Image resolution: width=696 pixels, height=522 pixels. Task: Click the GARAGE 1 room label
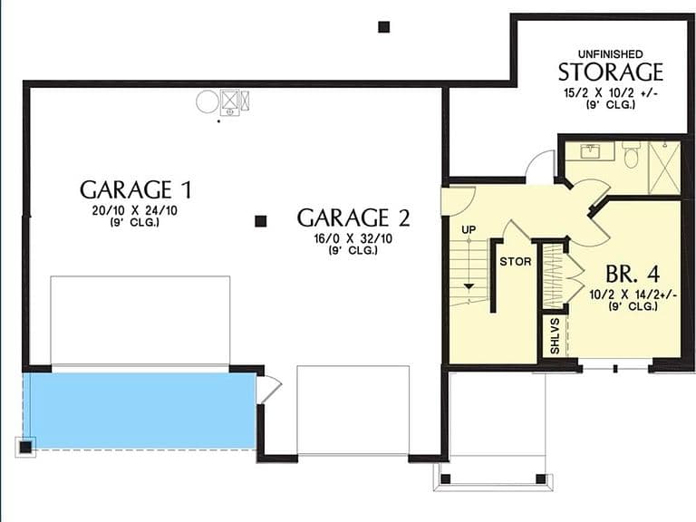tap(136, 189)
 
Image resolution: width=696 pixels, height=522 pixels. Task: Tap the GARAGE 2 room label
tap(353, 217)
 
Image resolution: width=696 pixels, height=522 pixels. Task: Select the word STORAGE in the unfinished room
tap(610, 72)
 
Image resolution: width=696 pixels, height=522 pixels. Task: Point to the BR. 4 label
tap(633, 274)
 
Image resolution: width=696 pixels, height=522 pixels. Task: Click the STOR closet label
tap(516, 261)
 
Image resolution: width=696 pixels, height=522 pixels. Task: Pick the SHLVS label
tap(555, 336)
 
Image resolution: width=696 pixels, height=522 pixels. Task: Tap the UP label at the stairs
tap(469, 229)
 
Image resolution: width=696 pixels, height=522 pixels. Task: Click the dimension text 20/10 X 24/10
tap(135, 210)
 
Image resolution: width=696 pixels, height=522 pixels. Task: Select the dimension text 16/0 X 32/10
tap(353, 239)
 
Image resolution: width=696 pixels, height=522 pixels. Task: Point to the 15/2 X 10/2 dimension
tap(610, 93)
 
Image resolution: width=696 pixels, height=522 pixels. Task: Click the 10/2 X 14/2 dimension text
tap(633, 295)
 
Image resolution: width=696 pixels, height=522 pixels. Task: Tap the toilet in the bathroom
tap(631, 154)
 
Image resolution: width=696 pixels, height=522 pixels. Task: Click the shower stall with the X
tap(664, 168)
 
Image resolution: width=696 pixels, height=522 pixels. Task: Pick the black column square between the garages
tap(261, 221)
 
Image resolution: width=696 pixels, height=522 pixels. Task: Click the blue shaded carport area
tap(140, 411)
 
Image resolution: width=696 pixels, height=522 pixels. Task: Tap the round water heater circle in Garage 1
tap(207, 101)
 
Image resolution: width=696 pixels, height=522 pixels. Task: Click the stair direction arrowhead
tap(469, 286)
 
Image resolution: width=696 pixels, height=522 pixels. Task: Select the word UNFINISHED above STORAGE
tap(610, 54)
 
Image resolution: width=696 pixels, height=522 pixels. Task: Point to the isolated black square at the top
tap(384, 27)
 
